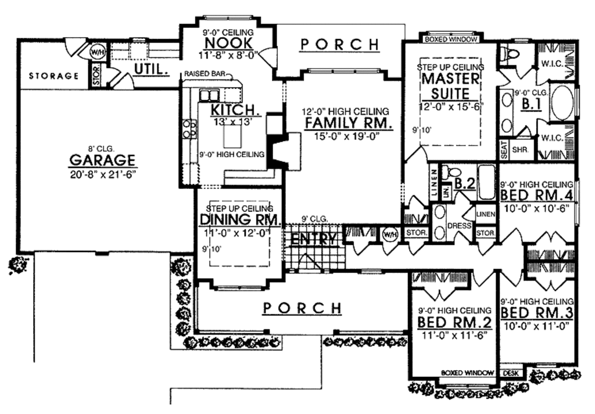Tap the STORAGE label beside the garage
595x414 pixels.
tap(53, 76)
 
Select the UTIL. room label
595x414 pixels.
tap(152, 70)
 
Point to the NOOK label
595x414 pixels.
tap(228, 43)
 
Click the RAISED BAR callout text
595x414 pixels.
tap(207, 74)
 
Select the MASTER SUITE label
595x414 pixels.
tap(450, 85)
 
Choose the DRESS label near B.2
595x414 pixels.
tap(463, 226)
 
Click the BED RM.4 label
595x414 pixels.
tap(537, 195)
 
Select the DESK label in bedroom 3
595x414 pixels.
tap(510, 373)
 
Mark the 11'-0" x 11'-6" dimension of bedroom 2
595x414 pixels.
tap(453, 335)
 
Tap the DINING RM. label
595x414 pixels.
tap(240, 219)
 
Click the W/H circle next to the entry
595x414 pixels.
tap(389, 234)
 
